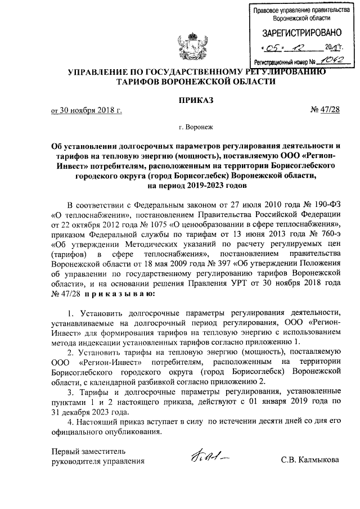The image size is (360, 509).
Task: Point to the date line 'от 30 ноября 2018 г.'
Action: (86, 111)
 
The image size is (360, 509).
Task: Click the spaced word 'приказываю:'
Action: (115, 294)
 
